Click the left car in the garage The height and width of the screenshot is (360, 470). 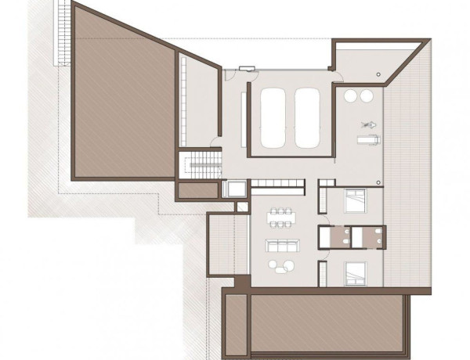[x=273, y=117]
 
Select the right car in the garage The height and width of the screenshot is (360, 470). [x=305, y=117]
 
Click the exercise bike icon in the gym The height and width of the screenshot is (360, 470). [x=366, y=124]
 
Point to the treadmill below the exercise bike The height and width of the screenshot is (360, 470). [x=367, y=140]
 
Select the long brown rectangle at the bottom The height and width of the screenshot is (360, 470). [x=325, y=322]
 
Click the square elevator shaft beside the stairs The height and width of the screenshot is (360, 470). [x=233, y=189]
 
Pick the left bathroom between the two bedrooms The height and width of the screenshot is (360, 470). [x=335, y=236]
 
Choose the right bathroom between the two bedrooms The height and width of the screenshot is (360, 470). [x=367, y=236]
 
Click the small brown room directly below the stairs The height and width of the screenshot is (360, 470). [x=197, y=190]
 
